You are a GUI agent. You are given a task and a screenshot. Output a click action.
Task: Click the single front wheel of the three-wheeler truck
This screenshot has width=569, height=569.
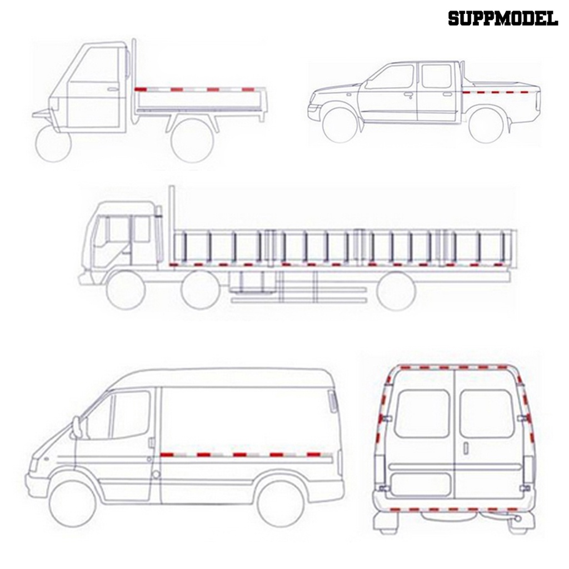pos(53,144)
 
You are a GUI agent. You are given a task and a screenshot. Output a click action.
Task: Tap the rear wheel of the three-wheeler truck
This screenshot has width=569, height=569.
pos(193,140)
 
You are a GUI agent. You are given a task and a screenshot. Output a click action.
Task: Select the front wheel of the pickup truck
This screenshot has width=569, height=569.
pos(340,126)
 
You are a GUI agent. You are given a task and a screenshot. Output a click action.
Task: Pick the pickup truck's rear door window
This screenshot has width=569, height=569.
pos(436,76)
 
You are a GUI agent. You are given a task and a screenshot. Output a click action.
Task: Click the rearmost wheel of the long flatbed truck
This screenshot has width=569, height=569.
pos(396,290)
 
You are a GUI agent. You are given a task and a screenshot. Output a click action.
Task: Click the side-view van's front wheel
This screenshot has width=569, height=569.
pos(73,503)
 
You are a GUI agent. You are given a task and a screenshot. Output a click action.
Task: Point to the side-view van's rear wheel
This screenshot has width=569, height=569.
pos(281,503)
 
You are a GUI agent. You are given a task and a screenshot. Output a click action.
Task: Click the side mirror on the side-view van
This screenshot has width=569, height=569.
pos(78,427)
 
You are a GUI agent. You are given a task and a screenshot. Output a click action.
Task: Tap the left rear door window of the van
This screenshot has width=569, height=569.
pos(422,413)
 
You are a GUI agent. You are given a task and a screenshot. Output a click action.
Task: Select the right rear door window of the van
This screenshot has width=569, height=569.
pos(487,413)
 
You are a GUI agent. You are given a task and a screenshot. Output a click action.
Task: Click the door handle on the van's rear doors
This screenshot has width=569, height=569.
pos(466,448)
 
